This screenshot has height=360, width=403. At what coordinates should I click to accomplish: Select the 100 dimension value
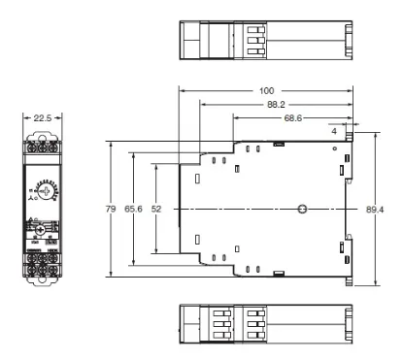pos(265,89)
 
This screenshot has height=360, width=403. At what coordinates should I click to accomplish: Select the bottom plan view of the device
pos(264,323)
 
